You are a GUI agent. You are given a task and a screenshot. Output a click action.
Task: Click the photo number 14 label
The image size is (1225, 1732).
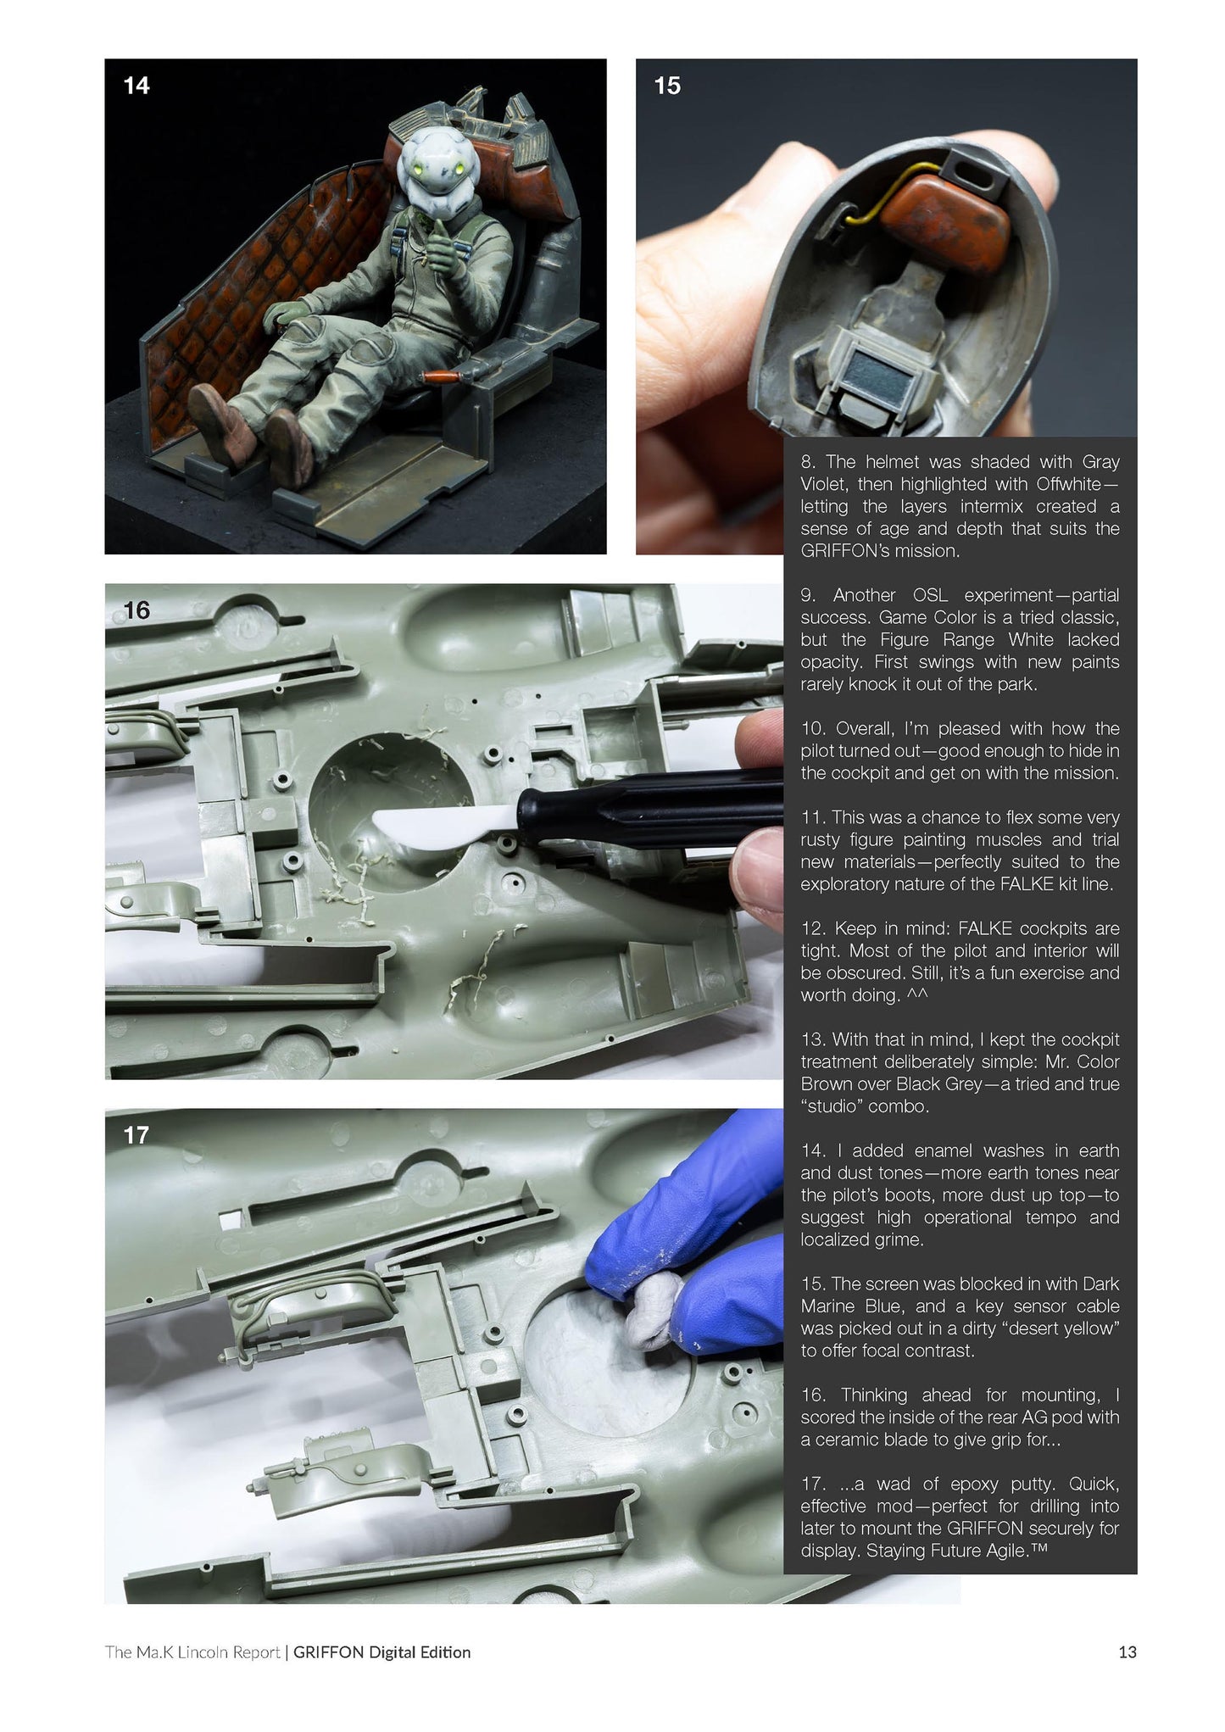136,86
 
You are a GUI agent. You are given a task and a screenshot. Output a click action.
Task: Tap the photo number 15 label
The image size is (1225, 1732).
667,86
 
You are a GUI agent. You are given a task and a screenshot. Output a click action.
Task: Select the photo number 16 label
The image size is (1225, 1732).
136,610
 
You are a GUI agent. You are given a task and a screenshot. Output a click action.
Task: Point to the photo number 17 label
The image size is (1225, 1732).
136,1135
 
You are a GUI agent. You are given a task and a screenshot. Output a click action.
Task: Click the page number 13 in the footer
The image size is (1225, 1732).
1127,1652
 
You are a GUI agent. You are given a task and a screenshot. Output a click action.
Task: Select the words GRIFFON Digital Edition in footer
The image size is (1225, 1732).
381,1652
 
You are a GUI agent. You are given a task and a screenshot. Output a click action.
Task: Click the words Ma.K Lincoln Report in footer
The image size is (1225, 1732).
208,1652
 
